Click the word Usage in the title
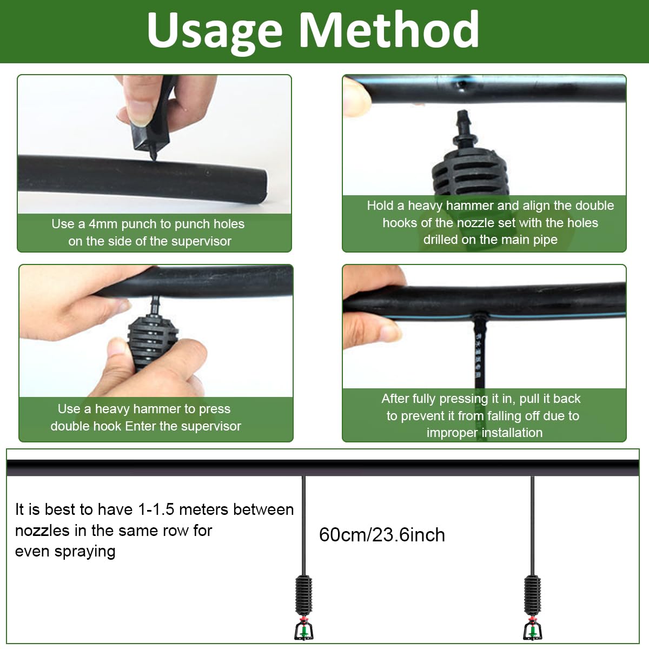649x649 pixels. click(x=214, y=31)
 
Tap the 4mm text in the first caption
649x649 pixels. click(x=103, y=224)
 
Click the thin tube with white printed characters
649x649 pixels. click(x=479, y=352)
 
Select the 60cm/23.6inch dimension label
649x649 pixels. click(x=382, y=535)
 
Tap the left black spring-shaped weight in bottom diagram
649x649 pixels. click(x=304, y=594)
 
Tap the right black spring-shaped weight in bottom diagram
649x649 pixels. click(x=533, y=594)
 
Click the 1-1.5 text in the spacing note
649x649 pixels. click(x=156, y=509)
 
